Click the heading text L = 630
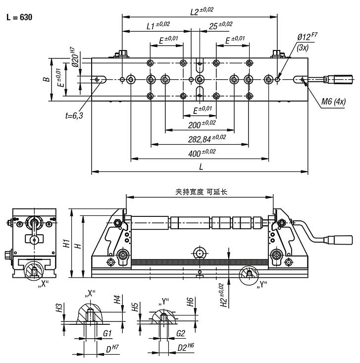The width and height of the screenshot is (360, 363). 19,17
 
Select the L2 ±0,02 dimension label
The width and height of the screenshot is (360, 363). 202,10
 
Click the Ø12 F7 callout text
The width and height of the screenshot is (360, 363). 307,38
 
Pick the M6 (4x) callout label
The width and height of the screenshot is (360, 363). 333,102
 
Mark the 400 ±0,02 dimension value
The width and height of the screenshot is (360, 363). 202,153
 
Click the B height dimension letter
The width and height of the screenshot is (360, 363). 45,79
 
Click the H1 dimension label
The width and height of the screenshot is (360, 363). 65,244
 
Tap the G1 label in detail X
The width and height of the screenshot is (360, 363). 106,334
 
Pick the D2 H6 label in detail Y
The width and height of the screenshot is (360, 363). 185,348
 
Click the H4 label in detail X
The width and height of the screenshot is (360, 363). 117,300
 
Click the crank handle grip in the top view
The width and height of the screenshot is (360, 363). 338,79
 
